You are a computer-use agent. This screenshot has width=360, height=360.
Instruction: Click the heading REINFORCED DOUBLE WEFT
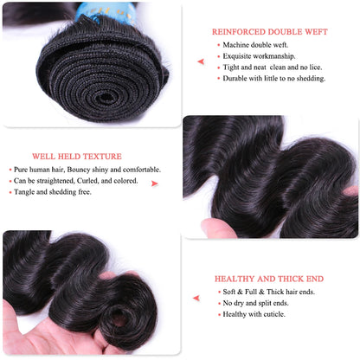[268, 32]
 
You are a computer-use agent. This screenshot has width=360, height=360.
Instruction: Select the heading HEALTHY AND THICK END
[269, 279]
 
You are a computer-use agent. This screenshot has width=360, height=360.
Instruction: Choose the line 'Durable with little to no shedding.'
[273, 78]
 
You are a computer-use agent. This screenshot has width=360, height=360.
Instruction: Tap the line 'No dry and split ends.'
[256, 303]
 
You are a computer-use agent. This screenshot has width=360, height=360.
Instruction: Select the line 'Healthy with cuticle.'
[254, 314]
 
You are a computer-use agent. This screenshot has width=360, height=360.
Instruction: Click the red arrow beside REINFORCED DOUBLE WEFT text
[201, 61]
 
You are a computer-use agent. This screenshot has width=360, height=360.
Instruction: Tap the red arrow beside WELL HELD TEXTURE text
[155, 183]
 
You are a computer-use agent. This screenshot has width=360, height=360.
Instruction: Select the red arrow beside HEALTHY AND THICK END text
[196, 298]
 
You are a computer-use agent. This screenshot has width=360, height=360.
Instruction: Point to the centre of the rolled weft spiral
[101, 72]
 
